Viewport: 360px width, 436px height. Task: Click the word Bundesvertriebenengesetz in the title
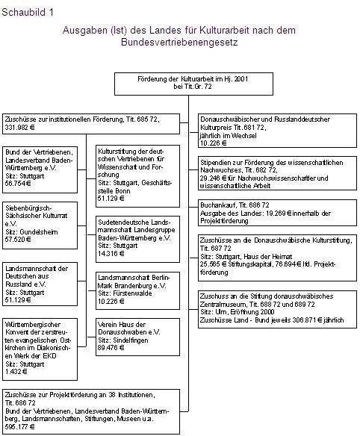[x=179, y=43]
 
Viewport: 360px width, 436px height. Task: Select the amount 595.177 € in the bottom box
[x=22, y=427]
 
